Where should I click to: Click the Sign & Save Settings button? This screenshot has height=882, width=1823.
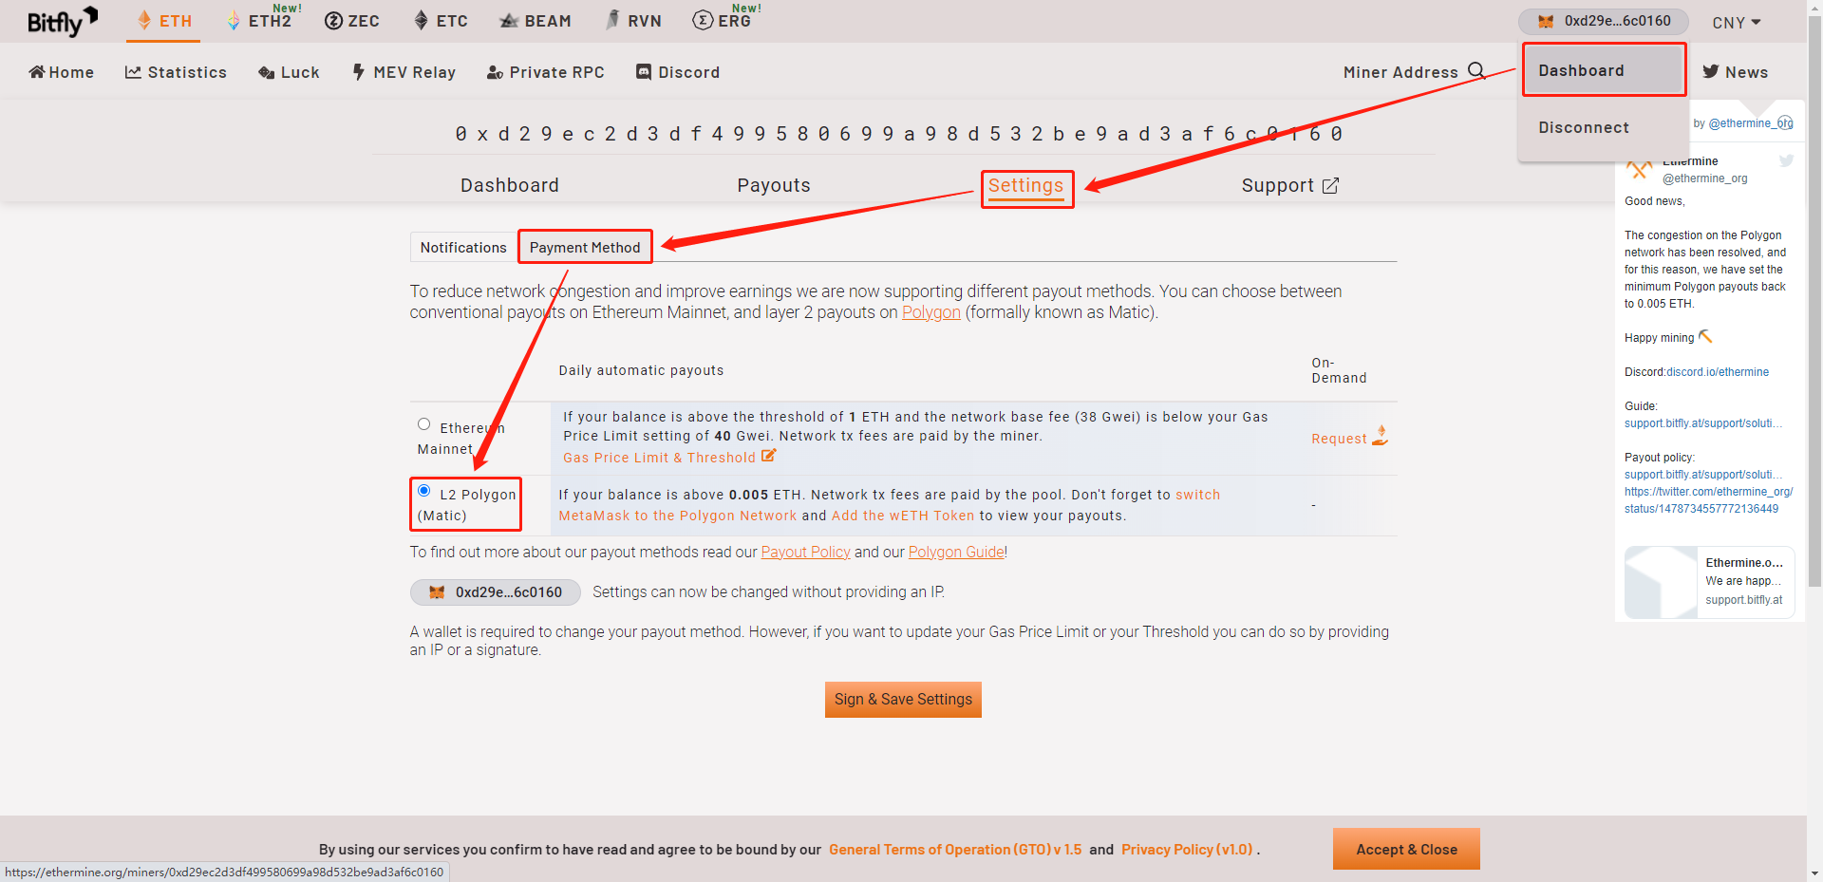[903, 700]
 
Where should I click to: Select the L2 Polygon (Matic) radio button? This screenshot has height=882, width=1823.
[423, 491]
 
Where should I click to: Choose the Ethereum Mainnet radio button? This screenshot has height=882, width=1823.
[423, 424]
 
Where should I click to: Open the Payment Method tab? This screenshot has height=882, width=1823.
[585, 248]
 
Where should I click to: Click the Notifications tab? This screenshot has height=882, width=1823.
[463, 248]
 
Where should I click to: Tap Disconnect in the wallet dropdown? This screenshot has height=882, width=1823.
[1584, 127]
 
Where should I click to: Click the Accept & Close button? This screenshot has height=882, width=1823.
[1406, 849]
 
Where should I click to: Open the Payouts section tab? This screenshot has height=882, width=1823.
[774, 185]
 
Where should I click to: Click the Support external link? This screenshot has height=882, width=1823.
[1289, 185]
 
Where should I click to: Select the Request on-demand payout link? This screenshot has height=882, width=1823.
[1349, 438]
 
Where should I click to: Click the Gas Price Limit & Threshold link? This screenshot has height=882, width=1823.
[669, 458]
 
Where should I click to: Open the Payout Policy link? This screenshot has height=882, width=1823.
[805, 553]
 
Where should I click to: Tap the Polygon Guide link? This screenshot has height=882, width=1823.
[956, 553]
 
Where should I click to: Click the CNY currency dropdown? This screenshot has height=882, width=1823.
[1737, 22]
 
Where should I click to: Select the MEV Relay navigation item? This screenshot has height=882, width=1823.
[404, 72]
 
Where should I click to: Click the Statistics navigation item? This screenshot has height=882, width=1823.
[176, 72]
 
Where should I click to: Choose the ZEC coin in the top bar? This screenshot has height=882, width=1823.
[352, 21]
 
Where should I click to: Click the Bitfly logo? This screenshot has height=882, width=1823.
[62, 21]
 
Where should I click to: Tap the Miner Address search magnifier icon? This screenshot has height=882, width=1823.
[1476, 71]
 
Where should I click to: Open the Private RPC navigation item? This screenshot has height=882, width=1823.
[545, 72]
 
